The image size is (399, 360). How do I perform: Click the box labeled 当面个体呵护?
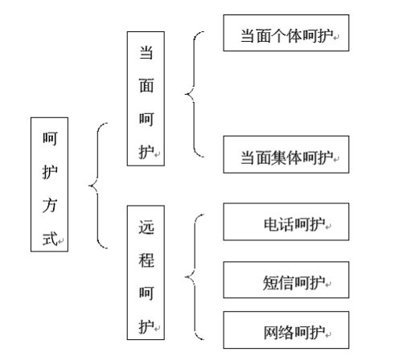pyautogui.click(x=286, y=33)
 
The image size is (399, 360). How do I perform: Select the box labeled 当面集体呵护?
pyautogui.click(x=286, y=154)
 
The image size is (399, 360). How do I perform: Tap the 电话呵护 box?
pyautogui.click(x=286, y=222)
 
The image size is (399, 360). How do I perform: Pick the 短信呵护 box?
pyautogui.click(x=286, y=280)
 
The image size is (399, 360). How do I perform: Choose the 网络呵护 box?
pyautogui.click(x=286, y=329)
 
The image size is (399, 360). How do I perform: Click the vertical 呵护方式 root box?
pyautogui.click(x=49, y=184)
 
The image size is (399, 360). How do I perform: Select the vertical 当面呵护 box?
pyautogui.click(x=146, y=99)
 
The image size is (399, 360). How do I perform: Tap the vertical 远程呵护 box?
pyautogui.click(x=146, y=272)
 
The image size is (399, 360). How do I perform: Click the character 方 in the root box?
pyautogui.click(x=50, y=206)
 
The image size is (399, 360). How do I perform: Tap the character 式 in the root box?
pyautogui.click(x=50, y=239)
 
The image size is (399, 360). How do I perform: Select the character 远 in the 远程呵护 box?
pyautogui.click(x=146, y=227)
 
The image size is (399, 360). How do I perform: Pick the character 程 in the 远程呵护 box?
pyautogui.click(x=146, y=260)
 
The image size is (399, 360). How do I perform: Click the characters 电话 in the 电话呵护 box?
pyautogui.click(x=278, y=224)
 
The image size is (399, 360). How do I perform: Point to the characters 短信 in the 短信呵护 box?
pyautogui.click(x=278, y=282)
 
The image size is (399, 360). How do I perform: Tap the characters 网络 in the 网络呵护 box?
pyautogui.click(x=278, y=333)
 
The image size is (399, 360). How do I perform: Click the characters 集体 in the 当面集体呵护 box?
pyautogui.click(x=286, y=157)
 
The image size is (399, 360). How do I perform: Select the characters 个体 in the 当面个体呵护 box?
pyautogui.click(x=286, y=35)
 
